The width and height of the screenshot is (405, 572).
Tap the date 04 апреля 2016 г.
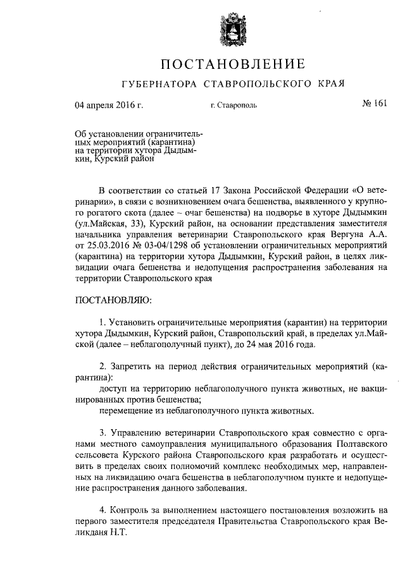coord(109,105)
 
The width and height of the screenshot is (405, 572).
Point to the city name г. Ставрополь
coord(234,106)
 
